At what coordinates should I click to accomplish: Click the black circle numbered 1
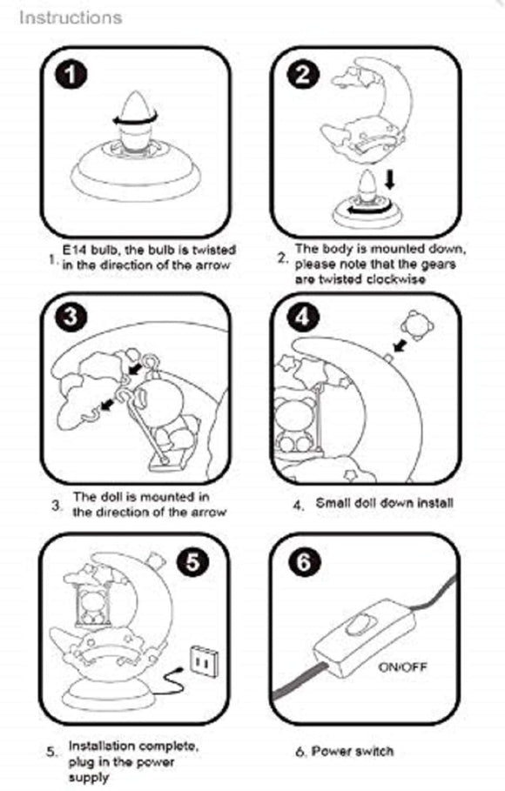coord(71,76)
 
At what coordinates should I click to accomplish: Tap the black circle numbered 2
coord(302,75)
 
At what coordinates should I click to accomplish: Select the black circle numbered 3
coord(71,318)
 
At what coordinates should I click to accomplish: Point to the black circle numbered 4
coord(302,318)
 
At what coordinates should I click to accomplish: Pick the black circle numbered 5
coord(193,561)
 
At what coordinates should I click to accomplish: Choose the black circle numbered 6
coord(304,561)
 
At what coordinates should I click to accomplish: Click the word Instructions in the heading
coord(71,17)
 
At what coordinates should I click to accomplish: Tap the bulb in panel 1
coord(136,121)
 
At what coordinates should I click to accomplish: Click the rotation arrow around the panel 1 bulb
coord(135,119)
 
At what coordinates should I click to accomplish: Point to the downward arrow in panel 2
coord(389,179)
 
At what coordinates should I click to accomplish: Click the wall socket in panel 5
coord(205,660)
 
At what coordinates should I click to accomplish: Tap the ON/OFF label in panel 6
coord(402,667)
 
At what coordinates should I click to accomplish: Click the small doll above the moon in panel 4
coord(416,325)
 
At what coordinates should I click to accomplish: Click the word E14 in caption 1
coord(74,250)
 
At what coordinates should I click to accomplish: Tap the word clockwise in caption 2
coord(395,279)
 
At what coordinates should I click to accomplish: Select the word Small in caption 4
coord(333,503)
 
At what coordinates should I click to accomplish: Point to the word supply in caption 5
coord(89,777)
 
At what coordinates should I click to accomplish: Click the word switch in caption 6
coord(374,751)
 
